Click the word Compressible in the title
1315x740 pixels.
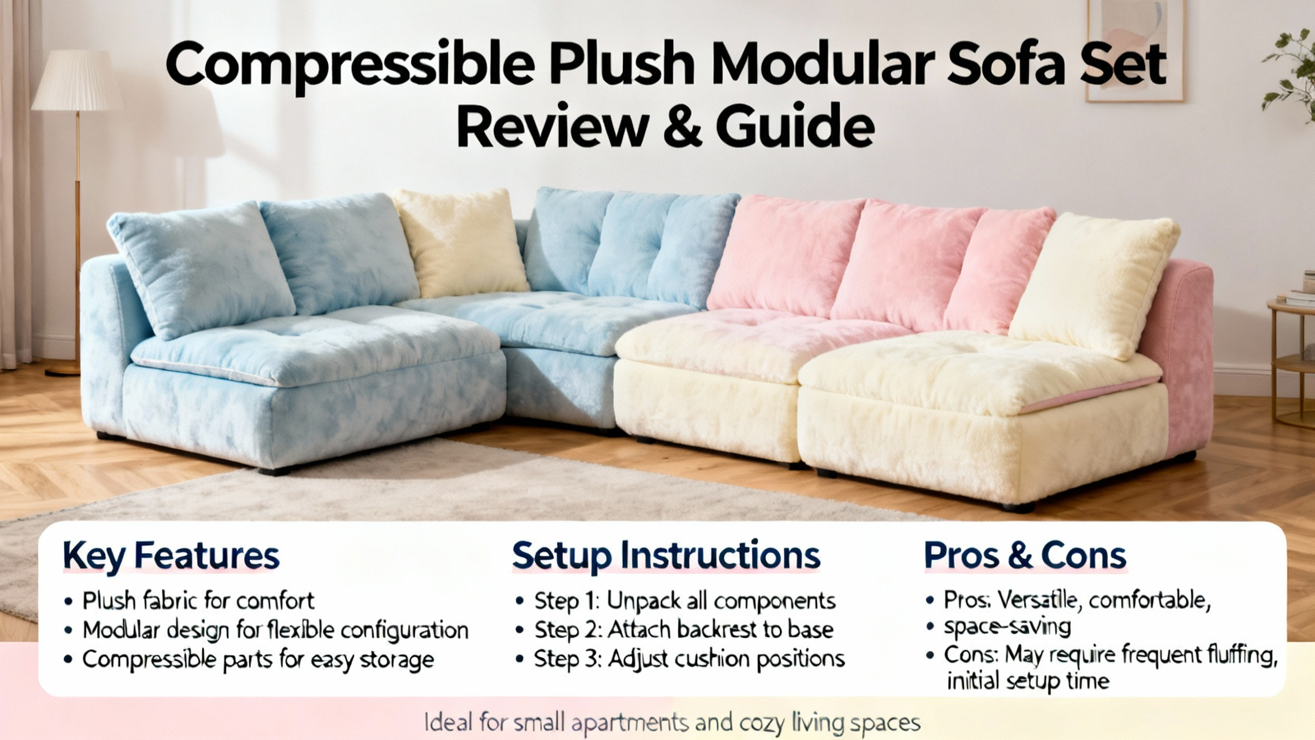click(x=350, y=65)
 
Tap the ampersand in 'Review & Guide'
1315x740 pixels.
click(x=683, y=126)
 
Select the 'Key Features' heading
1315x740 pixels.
click(x=171, y=556)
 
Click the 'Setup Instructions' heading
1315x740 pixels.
click(x=666, y=556)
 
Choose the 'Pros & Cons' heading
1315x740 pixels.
click(x=1025, y=555)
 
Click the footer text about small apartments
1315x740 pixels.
click(x=672, y=722)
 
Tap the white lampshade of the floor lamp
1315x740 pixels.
click(x=77, y=81)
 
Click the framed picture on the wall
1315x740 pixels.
click(x=1135, y=50)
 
